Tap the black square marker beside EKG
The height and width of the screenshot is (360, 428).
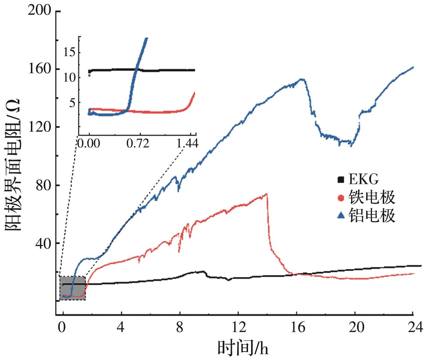(340, 180)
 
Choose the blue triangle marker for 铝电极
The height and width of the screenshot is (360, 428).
(340, 215)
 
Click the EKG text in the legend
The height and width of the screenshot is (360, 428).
(364, 180)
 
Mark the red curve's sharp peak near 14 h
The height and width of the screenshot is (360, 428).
(267, 194)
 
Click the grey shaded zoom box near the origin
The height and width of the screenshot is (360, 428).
(72, 288)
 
